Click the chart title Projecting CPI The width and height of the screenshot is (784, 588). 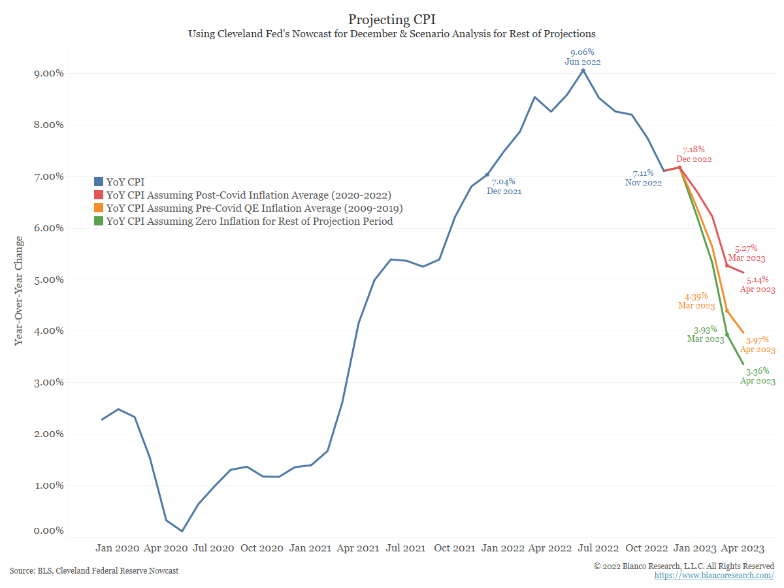391,19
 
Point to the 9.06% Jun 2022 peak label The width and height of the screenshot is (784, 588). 582,57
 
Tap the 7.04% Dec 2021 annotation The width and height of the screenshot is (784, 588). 504,186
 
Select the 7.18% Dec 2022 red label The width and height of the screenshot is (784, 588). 694,154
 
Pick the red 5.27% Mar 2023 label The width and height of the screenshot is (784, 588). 746,253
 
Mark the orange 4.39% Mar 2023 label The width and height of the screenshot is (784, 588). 696,301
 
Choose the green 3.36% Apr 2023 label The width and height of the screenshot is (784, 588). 757,376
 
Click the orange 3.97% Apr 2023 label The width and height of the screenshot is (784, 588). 757,344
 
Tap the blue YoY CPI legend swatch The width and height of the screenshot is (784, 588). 99,182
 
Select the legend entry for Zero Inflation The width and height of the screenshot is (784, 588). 250,221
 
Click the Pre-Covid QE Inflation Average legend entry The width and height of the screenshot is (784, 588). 254,208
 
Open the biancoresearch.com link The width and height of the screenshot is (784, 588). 714,576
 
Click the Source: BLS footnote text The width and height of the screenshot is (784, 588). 94,571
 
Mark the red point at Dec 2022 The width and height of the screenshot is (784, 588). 680,167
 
